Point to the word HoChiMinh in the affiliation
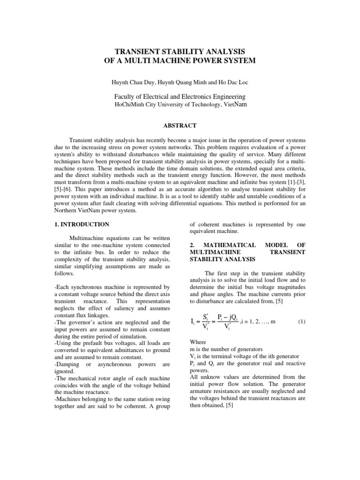[x=130, y=105]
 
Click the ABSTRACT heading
[x=180, y=125]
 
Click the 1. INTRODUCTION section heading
[x=82, y=225]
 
